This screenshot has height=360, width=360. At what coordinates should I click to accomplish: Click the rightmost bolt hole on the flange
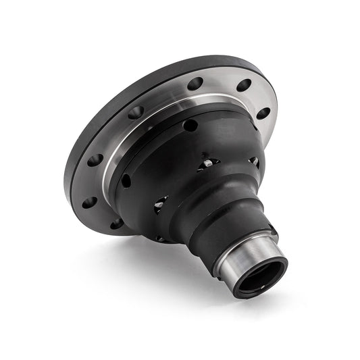pos(263,113)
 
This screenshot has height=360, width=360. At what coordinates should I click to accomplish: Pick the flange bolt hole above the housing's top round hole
pos(195,84)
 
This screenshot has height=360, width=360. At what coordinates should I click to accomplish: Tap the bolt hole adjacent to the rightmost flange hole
pos(244,86)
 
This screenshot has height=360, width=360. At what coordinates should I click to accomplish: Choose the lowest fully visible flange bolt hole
pos(90,202)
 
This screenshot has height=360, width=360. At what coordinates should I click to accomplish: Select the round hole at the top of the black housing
pos(191,125)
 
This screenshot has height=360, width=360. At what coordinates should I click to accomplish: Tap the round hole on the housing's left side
pos(126,180)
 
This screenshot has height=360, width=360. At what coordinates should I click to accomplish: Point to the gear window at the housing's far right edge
pos(254,162)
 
